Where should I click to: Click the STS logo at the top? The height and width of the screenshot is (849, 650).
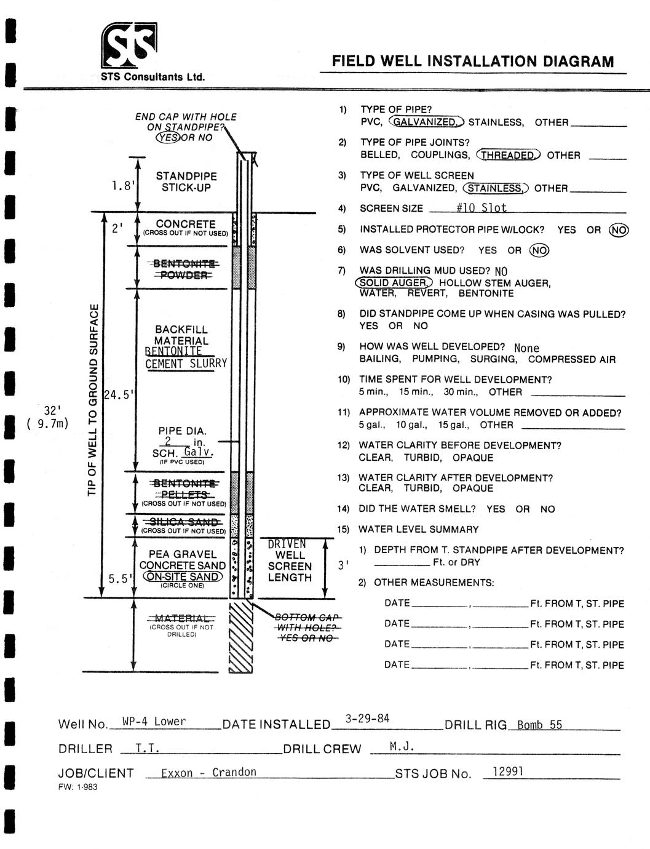coord(129,46)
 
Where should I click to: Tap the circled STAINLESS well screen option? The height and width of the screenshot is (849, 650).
coord(496,188)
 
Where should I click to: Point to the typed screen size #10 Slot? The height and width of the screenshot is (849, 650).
coord(482,208)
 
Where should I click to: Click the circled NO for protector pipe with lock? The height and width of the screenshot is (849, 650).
coord(619,229)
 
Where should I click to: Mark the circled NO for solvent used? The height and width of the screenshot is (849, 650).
coord(539,250)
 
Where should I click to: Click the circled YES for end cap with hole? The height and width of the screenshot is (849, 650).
coord(168,137)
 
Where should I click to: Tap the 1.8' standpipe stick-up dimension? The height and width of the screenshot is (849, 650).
coord(123,185)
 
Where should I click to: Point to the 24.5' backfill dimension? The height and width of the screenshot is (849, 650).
coord(119,395)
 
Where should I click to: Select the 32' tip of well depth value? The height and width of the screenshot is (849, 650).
coord(52,410)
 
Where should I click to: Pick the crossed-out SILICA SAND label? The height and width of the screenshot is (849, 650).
coord(183,522)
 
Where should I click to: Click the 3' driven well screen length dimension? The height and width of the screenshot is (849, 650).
coord(343,565)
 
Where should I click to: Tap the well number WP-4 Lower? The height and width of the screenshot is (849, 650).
coord(154,722)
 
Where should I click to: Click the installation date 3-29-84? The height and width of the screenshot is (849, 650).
coord(367,719)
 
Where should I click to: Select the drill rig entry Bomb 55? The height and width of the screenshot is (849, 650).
coord(539,725)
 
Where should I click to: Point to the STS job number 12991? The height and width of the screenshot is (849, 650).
coord(507,771)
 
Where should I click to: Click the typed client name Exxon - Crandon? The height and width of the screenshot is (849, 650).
coord(208,773)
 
